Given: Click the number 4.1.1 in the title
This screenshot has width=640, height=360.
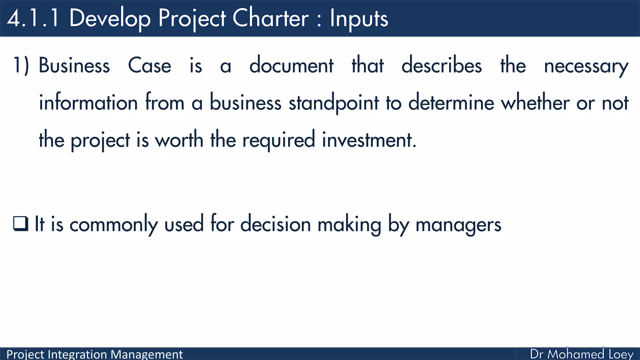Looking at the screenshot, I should click(x=33, y=18).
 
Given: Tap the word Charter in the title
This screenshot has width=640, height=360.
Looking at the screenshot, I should click(x=271, y=18).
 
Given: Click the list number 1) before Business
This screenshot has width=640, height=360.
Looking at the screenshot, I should click(x=21, y=66).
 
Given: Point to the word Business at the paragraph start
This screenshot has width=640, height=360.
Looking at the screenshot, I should click(x=74, y=66).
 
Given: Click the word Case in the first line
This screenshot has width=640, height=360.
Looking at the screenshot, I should click(x=150, y=66).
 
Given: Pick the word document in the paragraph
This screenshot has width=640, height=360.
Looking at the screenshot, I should click(x=291, y=66).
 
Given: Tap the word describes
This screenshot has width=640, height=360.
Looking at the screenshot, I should click(x=442, y=66).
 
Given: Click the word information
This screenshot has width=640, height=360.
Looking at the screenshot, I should click(x=88, y=102).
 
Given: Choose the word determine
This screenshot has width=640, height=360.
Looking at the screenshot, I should click(x=451, y=102).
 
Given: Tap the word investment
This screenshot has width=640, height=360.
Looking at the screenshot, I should click(x=369, y=140).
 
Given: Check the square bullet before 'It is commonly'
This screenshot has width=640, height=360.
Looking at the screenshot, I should click(x=21, y=224).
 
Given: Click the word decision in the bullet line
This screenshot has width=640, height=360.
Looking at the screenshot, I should click(x=275, y=224).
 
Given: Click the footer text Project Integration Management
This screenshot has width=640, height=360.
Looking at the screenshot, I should click(x=94, y=354).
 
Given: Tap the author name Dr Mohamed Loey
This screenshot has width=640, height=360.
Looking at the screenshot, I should click(x=582, y=354).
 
